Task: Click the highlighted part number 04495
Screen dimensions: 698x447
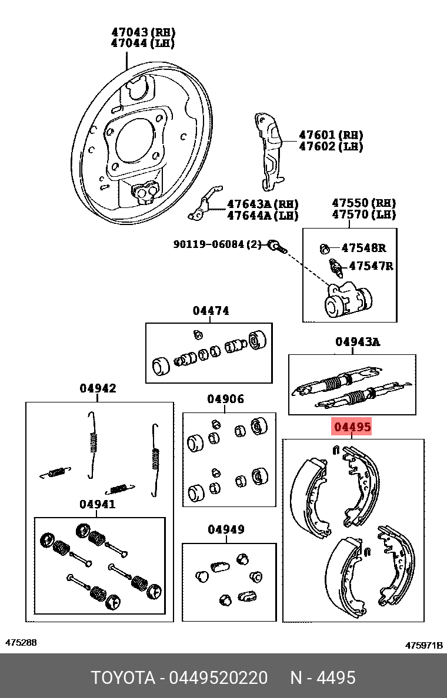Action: tap(352, 427)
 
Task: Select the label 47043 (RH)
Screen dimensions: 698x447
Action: tap(143, 32)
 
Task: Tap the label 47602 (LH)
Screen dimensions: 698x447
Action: tap(331, 146)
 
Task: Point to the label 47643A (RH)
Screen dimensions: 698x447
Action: tap(262, 204)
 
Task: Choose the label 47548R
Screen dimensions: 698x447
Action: tap(363, 247)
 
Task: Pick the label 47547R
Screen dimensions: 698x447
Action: tap(371, 266)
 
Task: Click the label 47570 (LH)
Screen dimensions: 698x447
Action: tap(363, 214)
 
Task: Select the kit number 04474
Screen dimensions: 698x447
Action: tap(211, 311)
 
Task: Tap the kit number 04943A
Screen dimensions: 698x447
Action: tap(358, 341)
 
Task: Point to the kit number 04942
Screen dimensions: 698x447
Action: tap(98, 388)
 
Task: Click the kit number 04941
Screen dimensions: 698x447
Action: tap(98, 504)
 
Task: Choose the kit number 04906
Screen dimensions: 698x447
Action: tap(225, 399)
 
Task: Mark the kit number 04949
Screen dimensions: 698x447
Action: tap(225, 529)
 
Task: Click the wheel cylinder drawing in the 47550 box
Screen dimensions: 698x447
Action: tap(348, 299)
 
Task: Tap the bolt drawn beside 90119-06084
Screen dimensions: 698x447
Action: tap(277, 246)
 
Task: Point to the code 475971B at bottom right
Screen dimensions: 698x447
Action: tap(423, 645)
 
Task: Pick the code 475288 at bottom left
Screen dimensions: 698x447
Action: tap(21, 643)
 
